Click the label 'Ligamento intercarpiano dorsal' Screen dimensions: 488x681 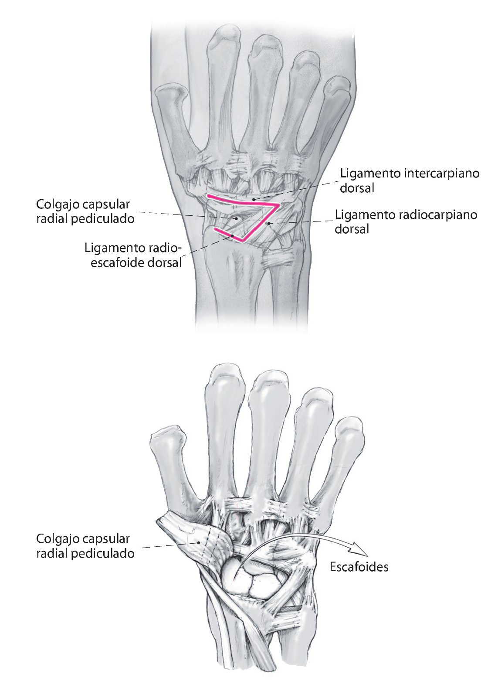[x=410, y=180]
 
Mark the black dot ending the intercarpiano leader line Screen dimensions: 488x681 [x=254, y=200]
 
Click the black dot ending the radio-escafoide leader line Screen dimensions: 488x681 [x=233, y=235]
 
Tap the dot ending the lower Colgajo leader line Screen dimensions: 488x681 [x=199, y=543]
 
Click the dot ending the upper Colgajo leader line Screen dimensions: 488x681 [x=236, y=218]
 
